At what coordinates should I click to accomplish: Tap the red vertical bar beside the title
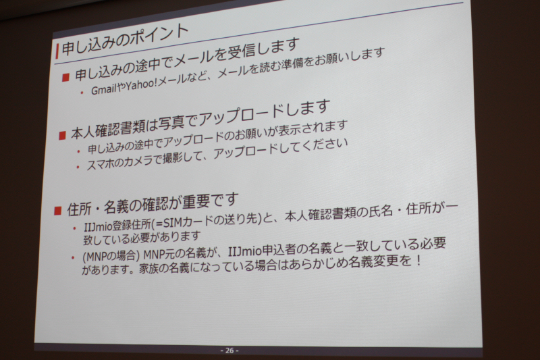point(57,51)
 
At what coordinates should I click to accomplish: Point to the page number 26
point(230,351)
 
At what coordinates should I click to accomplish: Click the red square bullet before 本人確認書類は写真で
point(62,135)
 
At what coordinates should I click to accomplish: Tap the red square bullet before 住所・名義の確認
point(57,211)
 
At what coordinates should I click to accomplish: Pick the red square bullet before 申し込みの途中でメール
point(65,78)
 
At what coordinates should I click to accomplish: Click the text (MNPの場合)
point(110,257)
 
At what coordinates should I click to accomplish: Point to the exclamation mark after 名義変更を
point(418,260)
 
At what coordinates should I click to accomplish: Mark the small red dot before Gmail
point(82,93)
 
